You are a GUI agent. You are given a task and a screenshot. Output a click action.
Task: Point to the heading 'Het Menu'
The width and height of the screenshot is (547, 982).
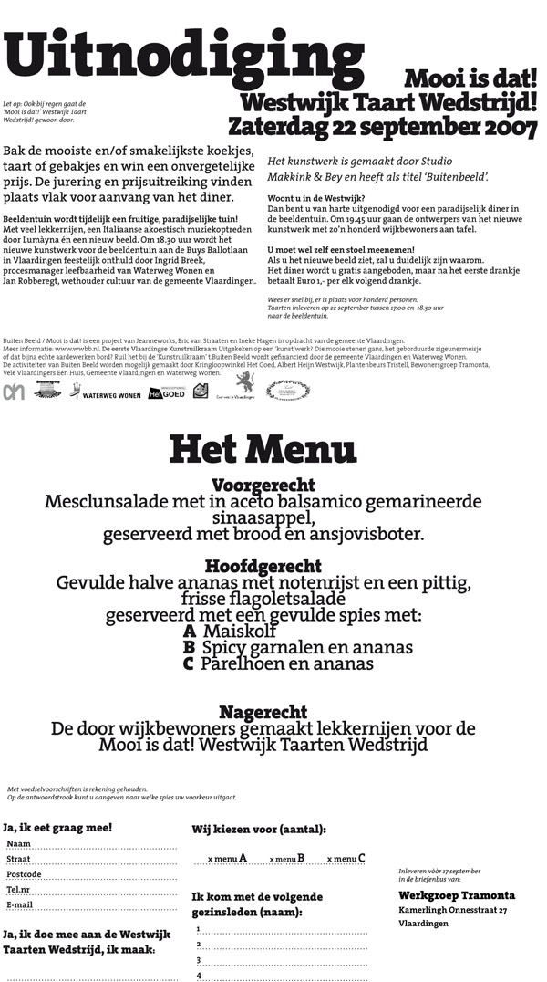(x=263, y=449)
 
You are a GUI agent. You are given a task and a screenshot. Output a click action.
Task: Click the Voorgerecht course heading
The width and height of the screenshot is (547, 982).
(x=263, y=485)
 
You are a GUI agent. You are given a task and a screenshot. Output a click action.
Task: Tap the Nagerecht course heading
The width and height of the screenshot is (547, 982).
(x=263, y=712)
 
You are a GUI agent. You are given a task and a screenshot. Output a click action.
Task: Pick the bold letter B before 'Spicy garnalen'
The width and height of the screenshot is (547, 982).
(x=190, y=647)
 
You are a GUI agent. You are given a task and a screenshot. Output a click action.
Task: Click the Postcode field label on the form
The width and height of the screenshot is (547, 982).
(x=24, y=873)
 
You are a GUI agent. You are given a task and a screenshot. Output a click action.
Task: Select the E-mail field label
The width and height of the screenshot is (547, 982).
(x=20, y=904)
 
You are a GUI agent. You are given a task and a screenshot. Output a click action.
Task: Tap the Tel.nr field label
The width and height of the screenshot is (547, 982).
(x=19, y=889)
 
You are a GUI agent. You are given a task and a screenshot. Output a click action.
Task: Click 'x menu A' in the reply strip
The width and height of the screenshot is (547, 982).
(x=228, y=858)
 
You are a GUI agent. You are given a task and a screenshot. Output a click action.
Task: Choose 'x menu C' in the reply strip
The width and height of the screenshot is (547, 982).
(x=346, y=858)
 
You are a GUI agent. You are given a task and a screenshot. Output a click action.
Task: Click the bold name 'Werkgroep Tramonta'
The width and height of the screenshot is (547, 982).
(x=457, y=895)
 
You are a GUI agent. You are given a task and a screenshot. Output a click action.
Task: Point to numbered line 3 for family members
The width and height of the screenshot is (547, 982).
(x=198, y=959)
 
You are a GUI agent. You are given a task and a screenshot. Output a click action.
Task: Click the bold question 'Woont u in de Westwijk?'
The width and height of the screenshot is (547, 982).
(x=316, y=198)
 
